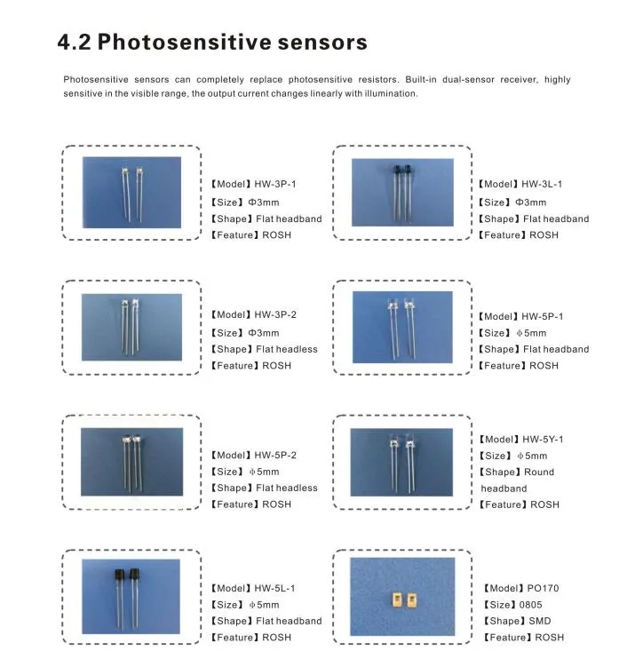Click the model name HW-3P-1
coord(275,185)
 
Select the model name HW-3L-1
coord(542,185)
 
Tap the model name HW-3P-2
coord(275,315)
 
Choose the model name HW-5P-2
coord(275,456)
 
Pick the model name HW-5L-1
coord(275,589)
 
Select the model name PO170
coord(543,589)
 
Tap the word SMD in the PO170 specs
coord(540,622)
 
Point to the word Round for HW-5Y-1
coord(539,472)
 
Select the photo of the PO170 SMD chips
coord(401,595)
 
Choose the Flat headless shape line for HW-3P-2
coord(286,349)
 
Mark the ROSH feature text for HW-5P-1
coord(544,366)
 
